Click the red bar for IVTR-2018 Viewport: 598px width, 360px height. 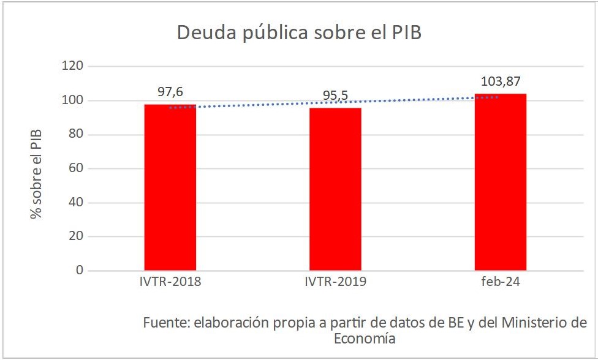170,187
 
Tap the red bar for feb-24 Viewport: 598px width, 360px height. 500,182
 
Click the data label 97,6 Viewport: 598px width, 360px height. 170,92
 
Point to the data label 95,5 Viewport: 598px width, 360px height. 335,96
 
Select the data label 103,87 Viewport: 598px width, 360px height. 501,81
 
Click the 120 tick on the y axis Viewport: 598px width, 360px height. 74,66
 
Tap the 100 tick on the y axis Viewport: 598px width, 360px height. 74,100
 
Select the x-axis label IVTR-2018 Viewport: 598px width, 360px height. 170,283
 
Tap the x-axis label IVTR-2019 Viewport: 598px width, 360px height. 335,283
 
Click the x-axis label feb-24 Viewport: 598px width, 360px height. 500,283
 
